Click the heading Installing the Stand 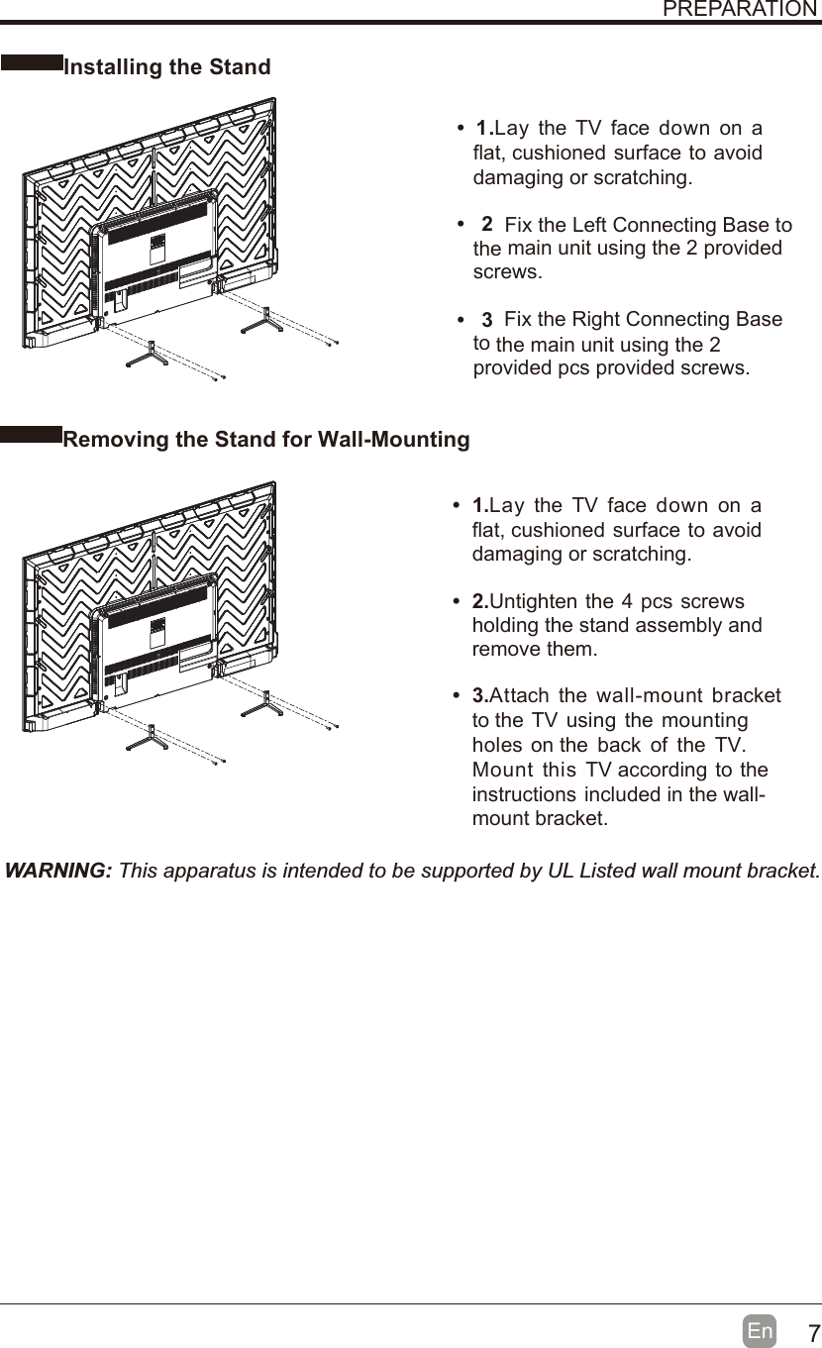coord(166,67)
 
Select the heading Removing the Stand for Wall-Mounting coord(266,439)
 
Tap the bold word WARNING coord(58,871)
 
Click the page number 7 coord(808,1332)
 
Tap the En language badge coord(761,1331)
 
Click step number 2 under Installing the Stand coord(487,224)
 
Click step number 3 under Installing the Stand coord(486,320)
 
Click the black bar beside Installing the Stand coord(31,62)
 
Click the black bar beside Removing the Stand coord(31,434)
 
